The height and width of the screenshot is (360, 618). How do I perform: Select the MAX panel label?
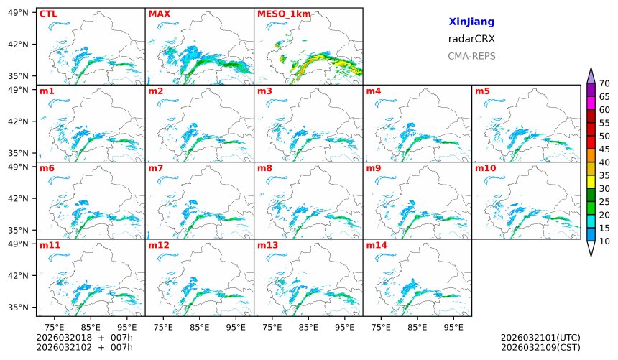point(158,14)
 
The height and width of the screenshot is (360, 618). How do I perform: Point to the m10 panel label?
point(485,168)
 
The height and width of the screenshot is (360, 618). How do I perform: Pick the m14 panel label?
point(377,245)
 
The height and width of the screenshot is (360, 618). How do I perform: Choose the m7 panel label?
point(156,168)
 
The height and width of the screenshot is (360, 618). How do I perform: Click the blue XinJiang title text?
point(471,22)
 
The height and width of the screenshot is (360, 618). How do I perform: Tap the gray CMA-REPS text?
point(471,56)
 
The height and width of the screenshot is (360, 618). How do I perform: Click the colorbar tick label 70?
point(604,84)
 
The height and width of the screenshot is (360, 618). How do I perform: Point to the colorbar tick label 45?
point(604,149)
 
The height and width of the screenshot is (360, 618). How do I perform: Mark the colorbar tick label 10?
point(604,241)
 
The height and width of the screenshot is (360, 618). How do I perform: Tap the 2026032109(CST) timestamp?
point(540,347)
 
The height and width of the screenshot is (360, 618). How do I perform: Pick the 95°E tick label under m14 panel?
point(453,327)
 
